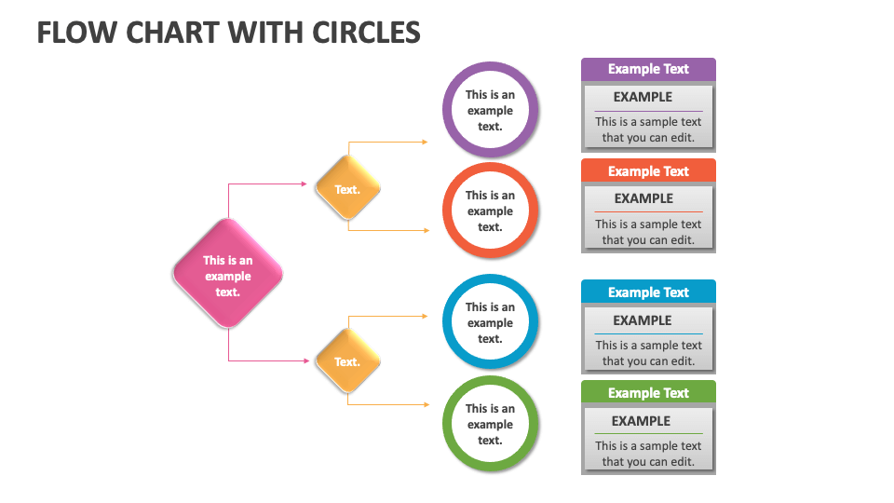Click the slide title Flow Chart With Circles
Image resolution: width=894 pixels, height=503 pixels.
coord(228,33)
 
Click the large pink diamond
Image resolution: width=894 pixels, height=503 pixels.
coord(227,274)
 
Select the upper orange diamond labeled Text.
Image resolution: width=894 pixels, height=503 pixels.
coord(347,189)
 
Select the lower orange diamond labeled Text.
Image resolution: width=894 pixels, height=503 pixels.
coord(347,361)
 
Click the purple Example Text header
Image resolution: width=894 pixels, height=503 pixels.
coord(648,69)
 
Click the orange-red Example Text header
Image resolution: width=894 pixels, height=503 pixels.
coord(648,170)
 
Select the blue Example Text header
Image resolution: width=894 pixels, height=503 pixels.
coord(648,292)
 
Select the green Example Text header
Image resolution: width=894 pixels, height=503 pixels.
coord(648,392)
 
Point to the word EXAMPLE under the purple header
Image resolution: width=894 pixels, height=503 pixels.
coord(643,97)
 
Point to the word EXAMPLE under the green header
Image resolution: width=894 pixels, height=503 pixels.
coord(641,421)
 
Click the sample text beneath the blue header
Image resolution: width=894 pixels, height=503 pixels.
coord(648,353)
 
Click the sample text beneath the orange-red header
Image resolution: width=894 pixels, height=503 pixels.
coord(648,232)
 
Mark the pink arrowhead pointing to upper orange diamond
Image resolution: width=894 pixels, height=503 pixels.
coord(304,184)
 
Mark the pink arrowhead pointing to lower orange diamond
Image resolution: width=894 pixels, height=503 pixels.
coord(304,360)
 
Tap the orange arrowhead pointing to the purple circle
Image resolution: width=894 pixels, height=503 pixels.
coord(426,143)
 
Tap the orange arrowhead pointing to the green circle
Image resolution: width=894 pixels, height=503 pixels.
coord(427,404)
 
